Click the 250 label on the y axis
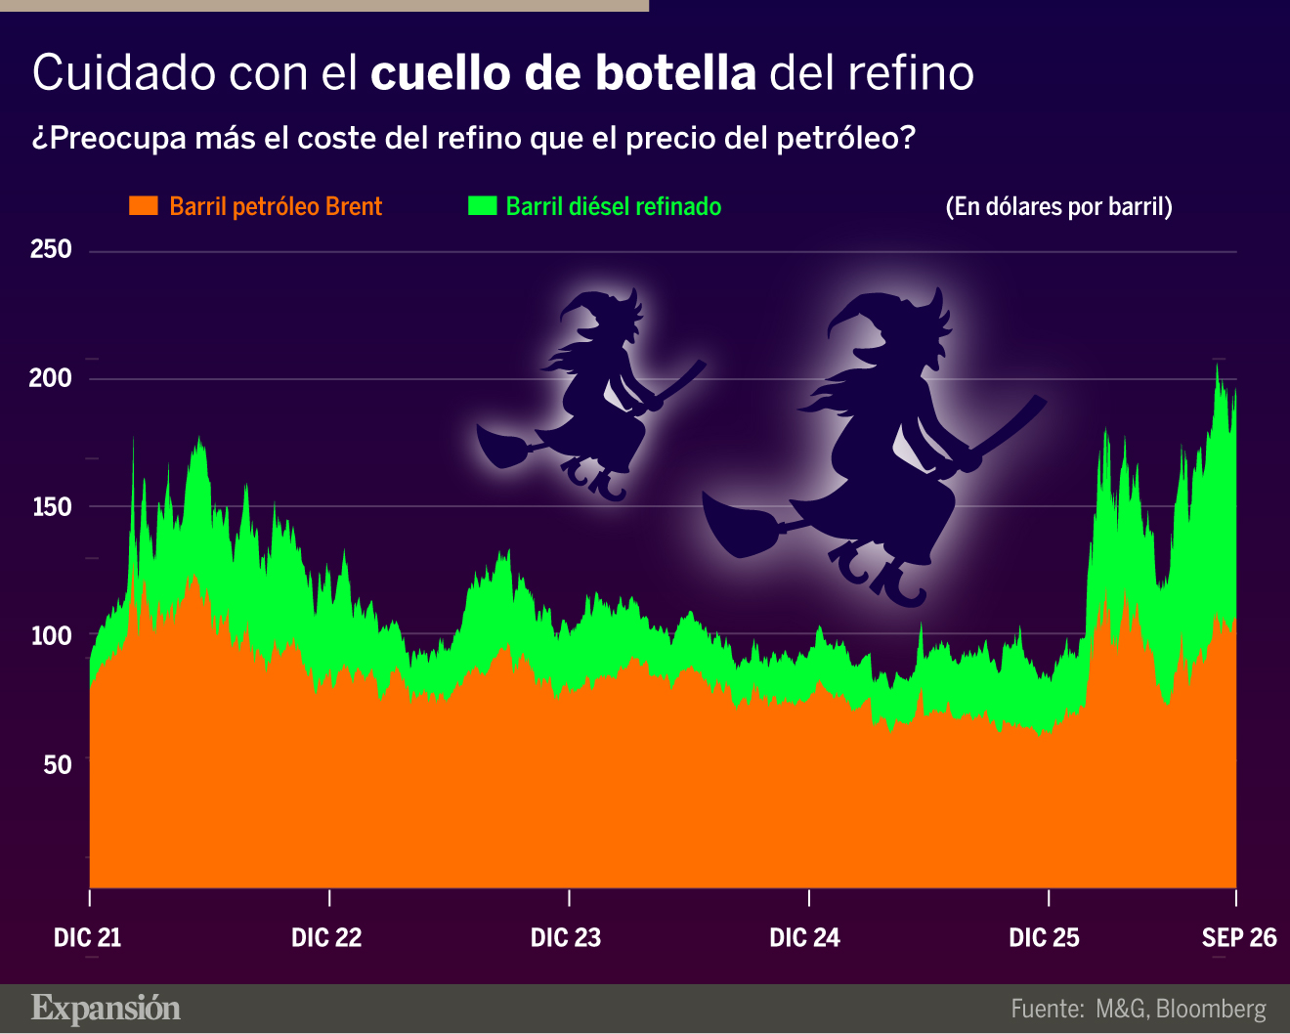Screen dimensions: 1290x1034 [x=51, y=249]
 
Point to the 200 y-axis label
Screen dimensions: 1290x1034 [x=51, y=377]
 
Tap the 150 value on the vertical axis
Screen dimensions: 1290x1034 [x=52, y=507]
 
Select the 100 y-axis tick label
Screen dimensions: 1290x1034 [x=52, y=635]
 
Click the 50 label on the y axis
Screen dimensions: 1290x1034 [x=58, y=765]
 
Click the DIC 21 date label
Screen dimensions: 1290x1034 [x=88, y=938]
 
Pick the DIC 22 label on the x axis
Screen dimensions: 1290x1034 [x=326, y=938]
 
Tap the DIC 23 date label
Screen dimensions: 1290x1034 [x=566, y=938]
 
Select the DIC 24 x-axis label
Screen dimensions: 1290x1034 [x=805, y=938]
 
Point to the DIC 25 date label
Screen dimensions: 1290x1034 [x=1045, y=938]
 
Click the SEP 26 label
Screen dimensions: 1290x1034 [x=1239, y=938]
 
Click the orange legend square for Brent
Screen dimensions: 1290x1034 [x=144, y=205]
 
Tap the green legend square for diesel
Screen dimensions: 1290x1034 [x=483, y=205]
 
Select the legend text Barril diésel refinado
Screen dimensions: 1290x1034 [x=614, y=207]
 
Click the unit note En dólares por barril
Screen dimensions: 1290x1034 [x=1059, y=207]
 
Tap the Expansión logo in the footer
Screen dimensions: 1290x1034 [x=106, y=1009]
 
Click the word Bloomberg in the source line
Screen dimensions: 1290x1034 [x=1211, y=1010]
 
